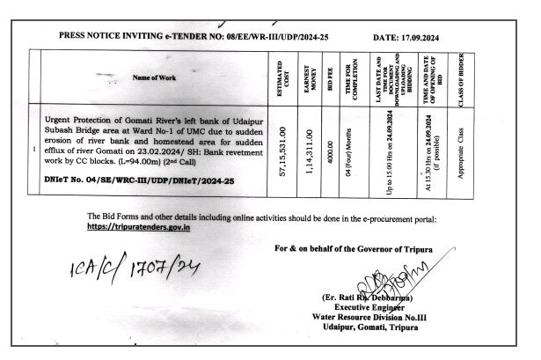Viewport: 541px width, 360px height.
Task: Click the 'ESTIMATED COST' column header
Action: point(281,78)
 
